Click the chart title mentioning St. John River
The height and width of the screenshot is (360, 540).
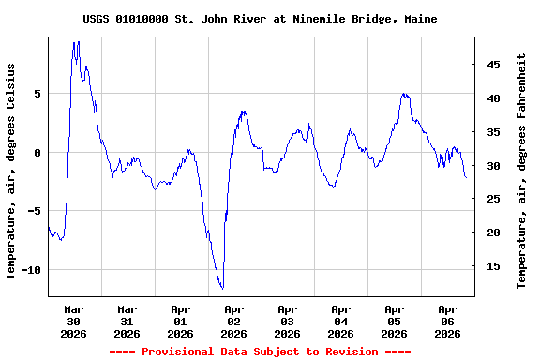pyautogui.click(x=259, y=19)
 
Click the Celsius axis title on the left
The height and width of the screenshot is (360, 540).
pyautogui.click(x=11, y=172)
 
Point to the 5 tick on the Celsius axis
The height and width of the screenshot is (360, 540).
pyautogui.click(x=37, y=94)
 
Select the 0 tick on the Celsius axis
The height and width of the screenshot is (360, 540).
pyautogui.click(x=37, y=153)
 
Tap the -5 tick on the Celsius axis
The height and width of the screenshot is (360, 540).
pyautogui.click(x=34, y=211)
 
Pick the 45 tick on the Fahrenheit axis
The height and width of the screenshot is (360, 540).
pyautogui.click(x=492, y=65)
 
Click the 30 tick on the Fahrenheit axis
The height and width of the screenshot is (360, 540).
pyautogui.click(x=492, y=166)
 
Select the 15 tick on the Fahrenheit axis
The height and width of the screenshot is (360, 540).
pyautogui.click(x=492, y=266)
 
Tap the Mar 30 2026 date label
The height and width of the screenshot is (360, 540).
pyautogui.click(x=74, y=321)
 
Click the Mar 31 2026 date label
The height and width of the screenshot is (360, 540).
pyautogui.click(x=127, y=321)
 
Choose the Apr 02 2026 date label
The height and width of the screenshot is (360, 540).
pyautogui.click(x=234, y=321)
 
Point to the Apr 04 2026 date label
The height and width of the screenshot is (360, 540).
pyautogui.click(x=341, y=321)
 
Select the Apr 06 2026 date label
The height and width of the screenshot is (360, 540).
pyautogui.click(x=448, y=321)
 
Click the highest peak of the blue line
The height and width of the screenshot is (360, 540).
pyautogui.click(x=76, y=42)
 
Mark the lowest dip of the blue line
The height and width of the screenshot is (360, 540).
pyautogui.click(x=222, y=288)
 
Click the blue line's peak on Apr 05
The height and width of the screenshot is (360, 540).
pyautogui.click(x=403, y=94)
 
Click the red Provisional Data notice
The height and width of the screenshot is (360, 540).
pyautogui.click(x=260, y=352)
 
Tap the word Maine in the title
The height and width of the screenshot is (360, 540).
pyautogui.click(x=420, y=19)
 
